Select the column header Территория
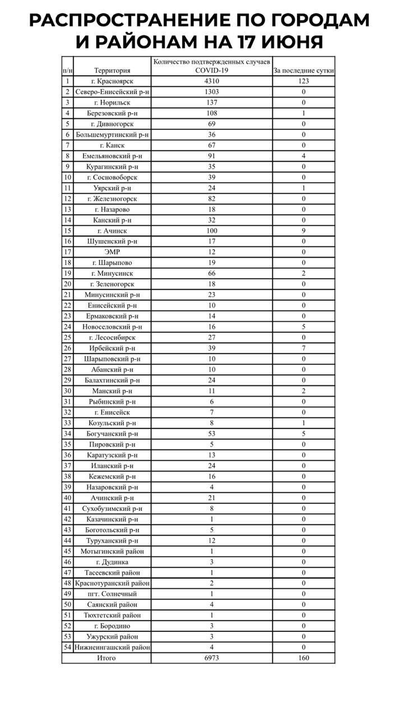click(x=112, y=71)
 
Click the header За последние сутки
click(x=303, y=71)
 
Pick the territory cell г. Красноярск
click(x=112, y=81)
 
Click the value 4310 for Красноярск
click(x=211, y=81)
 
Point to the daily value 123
click(x=303, y=81)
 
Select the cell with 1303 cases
click(x=211, y=92)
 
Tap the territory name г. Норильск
click(x=112, y=103)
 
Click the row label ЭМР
click(x=112, y=252)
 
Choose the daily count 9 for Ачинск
click(x=303, y=231)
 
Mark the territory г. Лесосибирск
click(x=112, y=338)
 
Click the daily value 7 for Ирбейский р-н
click(x=303, y=348)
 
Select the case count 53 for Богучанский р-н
click(x=211, y=434)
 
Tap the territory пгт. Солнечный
click(x=112, y=594)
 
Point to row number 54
click(x=67, y=648)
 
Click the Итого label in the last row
click(x=106, y=658)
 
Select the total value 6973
click(x=211, y=658)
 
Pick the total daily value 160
click(x=303, y=658)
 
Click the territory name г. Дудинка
click(x=112, y=562)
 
